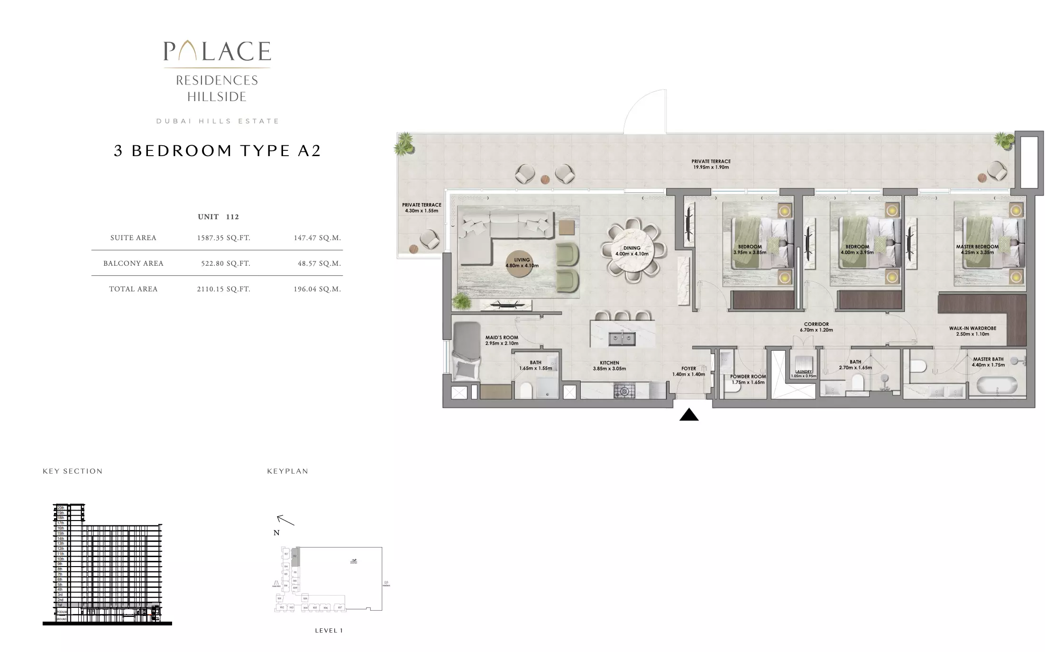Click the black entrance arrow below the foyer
[x=689, y=415]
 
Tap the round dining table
[x=632, y=251]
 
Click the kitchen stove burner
[x=624, y=391]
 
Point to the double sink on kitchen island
[x=622, y=339]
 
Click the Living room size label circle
[x=522, y=262]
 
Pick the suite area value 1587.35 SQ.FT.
[x=223, y=238]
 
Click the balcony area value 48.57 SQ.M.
[x=319, y=263]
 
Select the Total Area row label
[x=133, y=289]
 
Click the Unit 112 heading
[x=218, y=217]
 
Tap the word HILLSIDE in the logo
[x=217, y=97]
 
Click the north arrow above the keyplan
[x=285, y=521]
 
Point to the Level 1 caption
[x=329, y=631]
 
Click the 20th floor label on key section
[x=61, y=508]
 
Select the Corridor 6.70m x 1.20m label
[x=816, y=327]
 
